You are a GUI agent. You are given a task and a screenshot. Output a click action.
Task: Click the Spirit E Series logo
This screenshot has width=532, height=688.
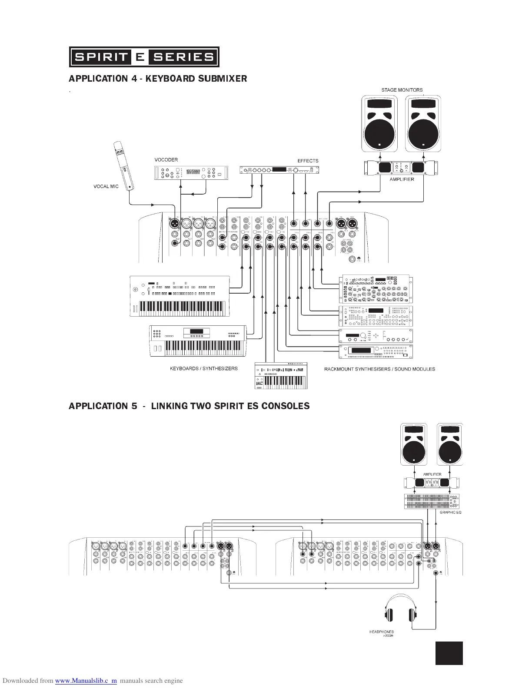click(x=144, y=57)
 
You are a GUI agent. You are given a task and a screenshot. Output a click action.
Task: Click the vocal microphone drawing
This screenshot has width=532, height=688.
click(x=124, y=165)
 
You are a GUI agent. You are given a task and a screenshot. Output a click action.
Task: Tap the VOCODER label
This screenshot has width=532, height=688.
click(x=166, y=160)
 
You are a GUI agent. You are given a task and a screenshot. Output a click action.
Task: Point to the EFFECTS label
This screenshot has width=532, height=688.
click(x=308, y=161)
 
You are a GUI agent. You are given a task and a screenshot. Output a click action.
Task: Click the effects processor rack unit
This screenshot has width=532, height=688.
click(x=279, y=170)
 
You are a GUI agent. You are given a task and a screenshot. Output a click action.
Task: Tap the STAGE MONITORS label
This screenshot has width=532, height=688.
click(x=402, y=90)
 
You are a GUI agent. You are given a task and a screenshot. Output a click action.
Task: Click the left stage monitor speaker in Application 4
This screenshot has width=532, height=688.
click(x=379, y=124)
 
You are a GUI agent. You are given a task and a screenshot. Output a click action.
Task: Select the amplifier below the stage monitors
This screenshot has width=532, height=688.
click(x=401, y=168)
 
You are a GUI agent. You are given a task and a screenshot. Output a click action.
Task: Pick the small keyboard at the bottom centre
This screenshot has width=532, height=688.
click(x=281, y=376)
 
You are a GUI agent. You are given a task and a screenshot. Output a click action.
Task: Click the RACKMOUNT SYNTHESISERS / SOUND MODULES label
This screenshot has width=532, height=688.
click(x=379, y=369)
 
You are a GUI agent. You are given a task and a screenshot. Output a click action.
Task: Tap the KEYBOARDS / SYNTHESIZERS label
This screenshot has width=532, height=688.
click(x=203, y=369)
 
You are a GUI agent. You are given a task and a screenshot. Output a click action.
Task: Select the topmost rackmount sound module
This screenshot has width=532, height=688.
click(x=376, y=289)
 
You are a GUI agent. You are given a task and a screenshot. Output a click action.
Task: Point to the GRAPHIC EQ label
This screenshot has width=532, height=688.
click(x=450, y=513)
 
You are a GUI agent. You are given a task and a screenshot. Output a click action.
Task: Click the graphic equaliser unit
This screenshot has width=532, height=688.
click(x=432, y=502)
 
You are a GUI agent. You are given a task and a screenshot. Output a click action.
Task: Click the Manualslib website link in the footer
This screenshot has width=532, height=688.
click(x=86, y=681)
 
